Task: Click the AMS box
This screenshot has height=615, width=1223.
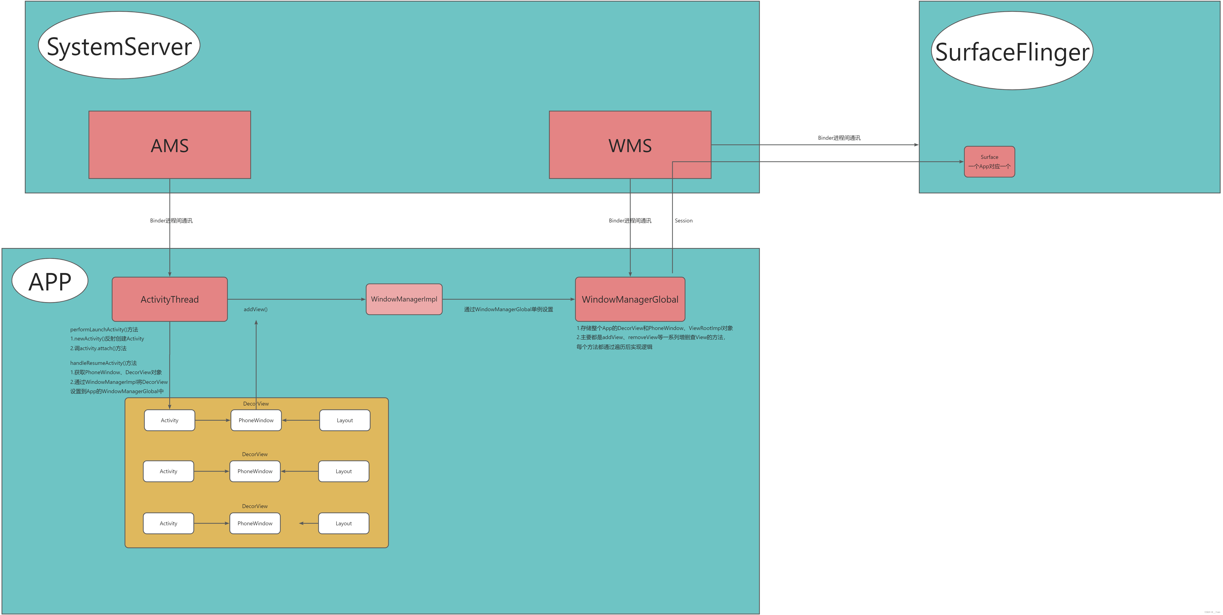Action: click(x=170, y=145)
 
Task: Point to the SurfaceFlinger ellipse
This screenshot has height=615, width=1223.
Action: click(x=1012, y=51)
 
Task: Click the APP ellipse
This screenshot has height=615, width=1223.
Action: click(x=50, y=281)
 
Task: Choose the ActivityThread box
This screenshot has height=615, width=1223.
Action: click(x=170, y=299)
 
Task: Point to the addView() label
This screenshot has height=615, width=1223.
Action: click(x=255, y=309)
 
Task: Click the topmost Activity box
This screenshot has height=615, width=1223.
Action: click(x=170, y=420)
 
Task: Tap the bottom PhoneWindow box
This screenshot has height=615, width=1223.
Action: click(x=255, y=523)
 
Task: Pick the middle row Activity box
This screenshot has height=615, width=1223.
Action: click(x=169, y=471)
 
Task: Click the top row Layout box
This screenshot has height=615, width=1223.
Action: click(x=345, y=420)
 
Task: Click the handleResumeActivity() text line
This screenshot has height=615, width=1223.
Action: click(x=103, y=363)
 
